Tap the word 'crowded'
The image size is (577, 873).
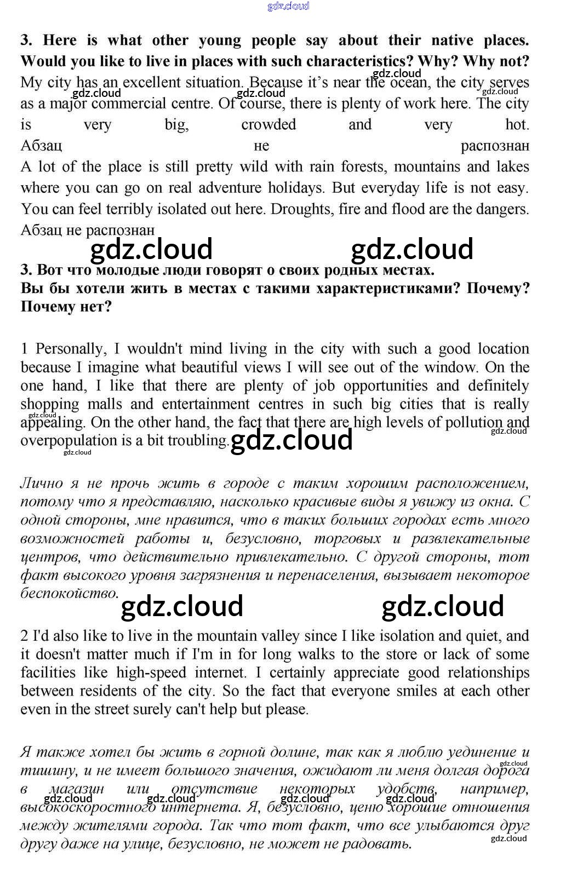click(x=268, y=125)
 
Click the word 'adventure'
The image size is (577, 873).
click(x=230, y=188)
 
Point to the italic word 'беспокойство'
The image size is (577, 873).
click(x=68, y=594)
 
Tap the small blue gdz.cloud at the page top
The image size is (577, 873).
click(x=288, y=6)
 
